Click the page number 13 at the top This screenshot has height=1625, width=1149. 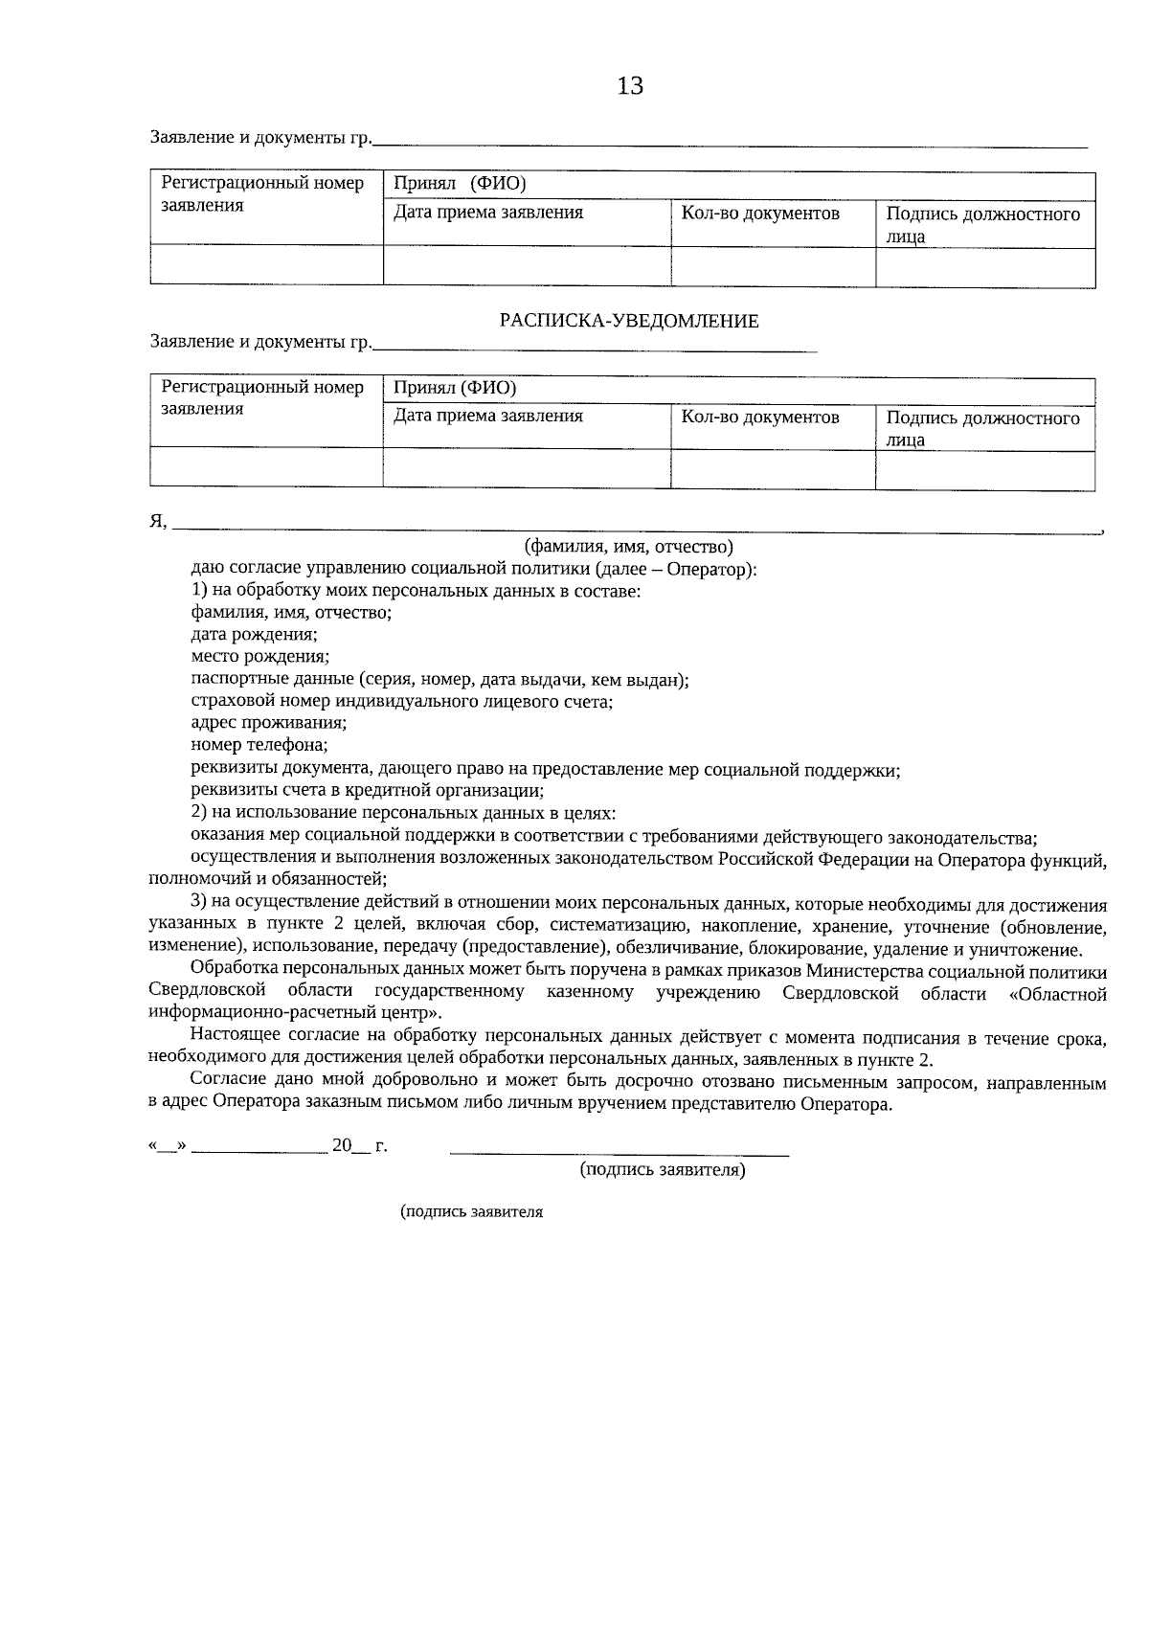coord(631,86)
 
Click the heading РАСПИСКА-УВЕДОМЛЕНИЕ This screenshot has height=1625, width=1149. coord(629,321)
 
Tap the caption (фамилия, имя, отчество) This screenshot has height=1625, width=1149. coord(628,547)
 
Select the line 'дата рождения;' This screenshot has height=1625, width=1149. coord(255,635)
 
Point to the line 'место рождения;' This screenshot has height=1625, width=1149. coord(260,657)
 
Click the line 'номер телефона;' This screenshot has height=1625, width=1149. coord(259,745)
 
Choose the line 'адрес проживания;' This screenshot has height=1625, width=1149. coord(269,723)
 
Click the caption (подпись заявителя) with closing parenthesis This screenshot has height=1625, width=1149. coord(663,1170)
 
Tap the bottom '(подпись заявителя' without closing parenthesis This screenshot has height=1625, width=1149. coord(471,1212)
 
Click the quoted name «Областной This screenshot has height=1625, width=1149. coord(1058,995)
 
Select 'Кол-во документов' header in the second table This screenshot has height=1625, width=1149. coord(760,418)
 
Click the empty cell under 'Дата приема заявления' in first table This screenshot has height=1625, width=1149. coord(527,266)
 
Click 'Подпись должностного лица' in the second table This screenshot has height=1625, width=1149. coord(982,429)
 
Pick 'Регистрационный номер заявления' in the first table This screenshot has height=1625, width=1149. coord(262,194)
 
